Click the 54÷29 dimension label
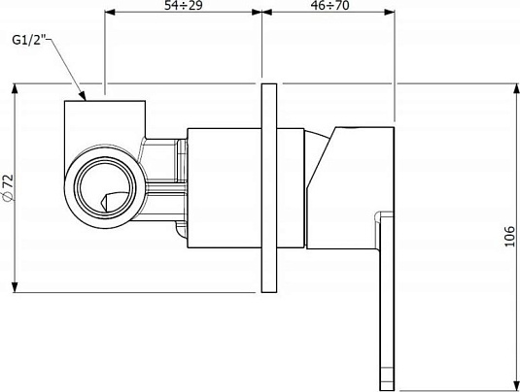[183, 5]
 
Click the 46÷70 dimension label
[329, 5]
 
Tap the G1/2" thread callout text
[29, 40]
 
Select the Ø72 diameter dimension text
[8, 187]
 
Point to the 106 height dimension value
[509, 237]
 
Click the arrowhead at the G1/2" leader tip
[83, 97]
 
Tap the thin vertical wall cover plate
[269, 187]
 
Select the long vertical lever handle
[387, 302]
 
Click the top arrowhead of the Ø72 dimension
[15, 88]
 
